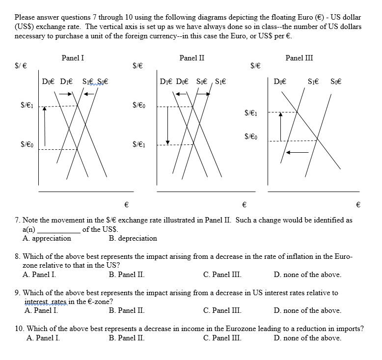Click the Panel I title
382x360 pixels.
tap(73, 58)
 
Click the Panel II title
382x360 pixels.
tap(192, 58)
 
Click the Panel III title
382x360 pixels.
tap(299, 58)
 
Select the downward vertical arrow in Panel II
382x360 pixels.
tap(168, 125)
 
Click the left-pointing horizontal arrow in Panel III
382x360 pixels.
tap(297, 153)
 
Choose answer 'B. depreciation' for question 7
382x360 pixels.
tap(133, 238)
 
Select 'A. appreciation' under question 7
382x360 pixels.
tap(47, 238)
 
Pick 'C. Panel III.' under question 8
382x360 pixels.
tap(222, 275)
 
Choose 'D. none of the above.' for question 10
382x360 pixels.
tap(307, 338)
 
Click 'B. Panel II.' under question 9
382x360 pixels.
tap(126, 310)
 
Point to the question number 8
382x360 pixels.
tap(18, 256)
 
